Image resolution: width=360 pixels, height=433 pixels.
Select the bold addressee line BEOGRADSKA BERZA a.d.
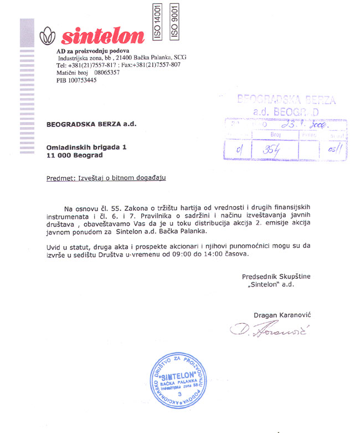(91, 124)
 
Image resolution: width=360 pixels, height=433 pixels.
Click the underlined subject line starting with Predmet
(106, 178)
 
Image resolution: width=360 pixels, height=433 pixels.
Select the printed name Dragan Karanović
(282, 315)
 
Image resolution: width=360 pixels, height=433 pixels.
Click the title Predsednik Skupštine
(276, 277)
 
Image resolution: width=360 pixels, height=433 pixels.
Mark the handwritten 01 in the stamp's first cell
(239, 149)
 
